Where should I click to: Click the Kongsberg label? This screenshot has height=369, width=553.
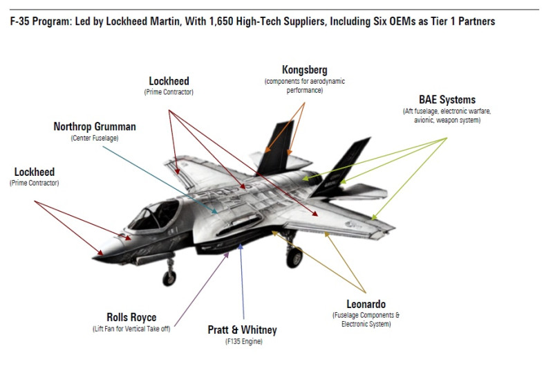305,69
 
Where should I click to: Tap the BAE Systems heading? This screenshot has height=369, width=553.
447,100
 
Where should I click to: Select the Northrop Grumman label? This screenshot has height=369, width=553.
95,127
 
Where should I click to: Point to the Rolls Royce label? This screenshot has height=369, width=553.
131,317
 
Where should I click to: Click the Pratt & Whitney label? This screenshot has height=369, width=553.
243,330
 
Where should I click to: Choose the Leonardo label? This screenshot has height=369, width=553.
366,304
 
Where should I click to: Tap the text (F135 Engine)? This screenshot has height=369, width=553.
244,341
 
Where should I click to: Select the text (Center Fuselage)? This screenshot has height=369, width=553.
95,138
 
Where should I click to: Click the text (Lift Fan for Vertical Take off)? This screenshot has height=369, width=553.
131,329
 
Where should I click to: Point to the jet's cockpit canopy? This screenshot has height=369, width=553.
154,215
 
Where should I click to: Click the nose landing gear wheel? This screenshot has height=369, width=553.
169,278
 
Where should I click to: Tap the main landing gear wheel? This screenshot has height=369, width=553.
294,258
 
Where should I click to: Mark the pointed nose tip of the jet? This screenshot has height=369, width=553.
94,258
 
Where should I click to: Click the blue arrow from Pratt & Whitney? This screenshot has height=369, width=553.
242,282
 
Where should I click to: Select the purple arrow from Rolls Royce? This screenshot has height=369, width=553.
202,289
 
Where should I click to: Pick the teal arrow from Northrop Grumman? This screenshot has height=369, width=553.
160,180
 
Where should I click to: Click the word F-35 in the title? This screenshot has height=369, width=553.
20,21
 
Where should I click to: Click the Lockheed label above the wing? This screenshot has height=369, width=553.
169,81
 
